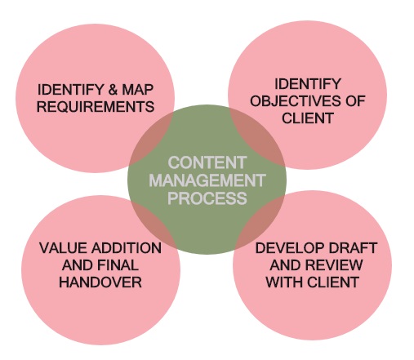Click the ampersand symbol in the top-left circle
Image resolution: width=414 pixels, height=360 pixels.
[x=113, y=90]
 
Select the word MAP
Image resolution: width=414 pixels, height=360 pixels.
[x=138, y=90]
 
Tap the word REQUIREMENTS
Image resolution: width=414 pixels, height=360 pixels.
[x=96, y=106]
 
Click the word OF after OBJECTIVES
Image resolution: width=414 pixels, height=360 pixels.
[x=355, y=101]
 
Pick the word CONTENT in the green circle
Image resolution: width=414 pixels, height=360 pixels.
[x=207, y=162]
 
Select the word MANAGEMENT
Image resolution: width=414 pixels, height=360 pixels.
[x=207, y=180]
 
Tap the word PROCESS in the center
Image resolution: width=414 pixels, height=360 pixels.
[x=207, y=198]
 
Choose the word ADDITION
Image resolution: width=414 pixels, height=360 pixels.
[x=127, y=248]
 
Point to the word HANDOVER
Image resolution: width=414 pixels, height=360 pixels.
[x=100, y=282]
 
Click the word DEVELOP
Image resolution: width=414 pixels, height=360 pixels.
[x=290, y=248]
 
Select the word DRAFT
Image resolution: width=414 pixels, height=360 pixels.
[x=353, y=248]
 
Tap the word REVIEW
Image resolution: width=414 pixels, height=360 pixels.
[x=335, y=265]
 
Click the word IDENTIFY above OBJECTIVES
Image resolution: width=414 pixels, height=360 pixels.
[x=308, y=84]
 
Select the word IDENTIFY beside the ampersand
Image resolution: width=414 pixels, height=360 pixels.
[x=70, y=90]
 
